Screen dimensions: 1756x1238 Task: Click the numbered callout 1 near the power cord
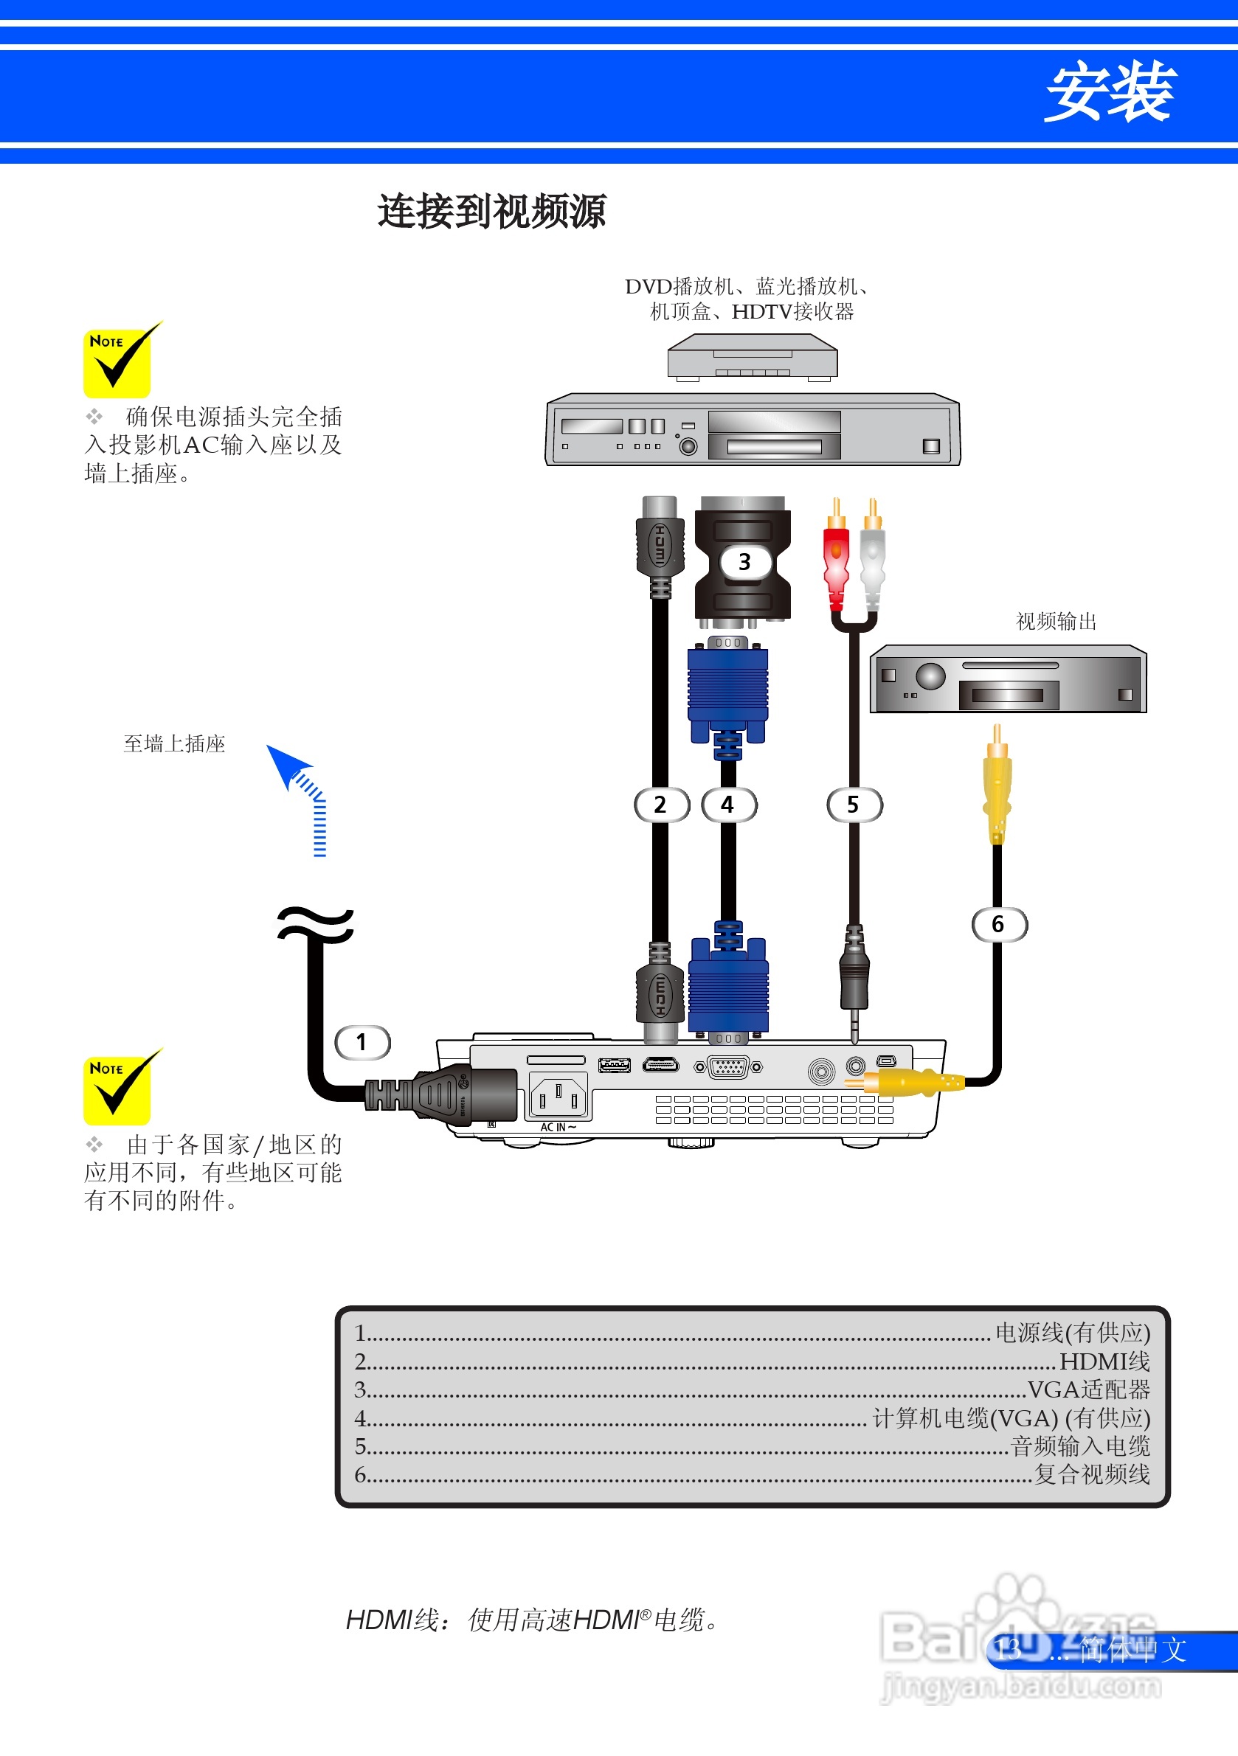click(363, 1042)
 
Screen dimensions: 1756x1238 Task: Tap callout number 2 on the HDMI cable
click(661, 805)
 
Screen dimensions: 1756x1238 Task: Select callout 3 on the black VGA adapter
click(744, 562)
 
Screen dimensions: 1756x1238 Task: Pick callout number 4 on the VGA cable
click(728, 805)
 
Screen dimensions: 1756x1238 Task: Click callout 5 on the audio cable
click(854, 805)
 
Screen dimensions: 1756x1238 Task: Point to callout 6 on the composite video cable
click(998, 924)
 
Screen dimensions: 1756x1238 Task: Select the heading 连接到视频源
click(492, 212)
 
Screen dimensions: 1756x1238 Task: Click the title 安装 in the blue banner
click(1109, 92)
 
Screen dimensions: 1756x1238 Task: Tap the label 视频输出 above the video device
click(1056, 621)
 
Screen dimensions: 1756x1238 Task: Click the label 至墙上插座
click(174, 743)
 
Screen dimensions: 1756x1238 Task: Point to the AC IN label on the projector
click(558, 1128)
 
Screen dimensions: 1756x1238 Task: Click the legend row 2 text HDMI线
click(1104, 1361)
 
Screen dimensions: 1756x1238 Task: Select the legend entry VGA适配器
click(1088, 1389)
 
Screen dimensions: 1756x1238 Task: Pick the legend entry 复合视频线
click(1092, 1474)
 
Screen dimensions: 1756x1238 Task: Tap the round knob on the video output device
click(930, 676)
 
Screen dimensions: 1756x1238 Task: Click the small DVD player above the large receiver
click(752, 359)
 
